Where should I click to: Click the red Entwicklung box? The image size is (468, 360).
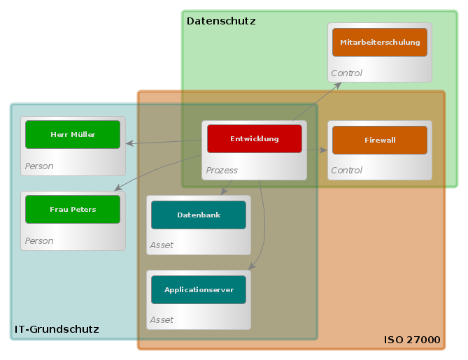coord(254,138)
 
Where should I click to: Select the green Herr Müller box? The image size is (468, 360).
coord(73,134)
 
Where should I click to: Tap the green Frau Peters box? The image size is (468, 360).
coord(73,209)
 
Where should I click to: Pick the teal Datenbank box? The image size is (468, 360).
coord(198,215)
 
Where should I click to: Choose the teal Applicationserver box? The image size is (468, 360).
coord(198,289)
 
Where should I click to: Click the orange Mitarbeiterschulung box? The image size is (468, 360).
coord(379,42)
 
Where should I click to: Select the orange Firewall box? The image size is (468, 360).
coord(379,140)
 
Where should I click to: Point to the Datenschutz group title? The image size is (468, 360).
coord(221,21)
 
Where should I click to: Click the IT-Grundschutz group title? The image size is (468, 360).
coord(57,329)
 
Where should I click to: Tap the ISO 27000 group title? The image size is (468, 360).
coord(412,340)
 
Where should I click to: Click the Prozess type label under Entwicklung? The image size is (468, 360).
coord(222,170)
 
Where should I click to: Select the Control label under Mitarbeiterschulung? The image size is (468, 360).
coord(346,73)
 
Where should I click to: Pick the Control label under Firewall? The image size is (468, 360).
coord(346,170)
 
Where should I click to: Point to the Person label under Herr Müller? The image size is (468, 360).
coord(39,166)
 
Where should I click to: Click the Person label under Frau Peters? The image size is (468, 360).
coord(39,240)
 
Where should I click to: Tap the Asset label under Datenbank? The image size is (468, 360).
coord(162,245)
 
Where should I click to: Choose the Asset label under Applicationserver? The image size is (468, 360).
coord(162,319)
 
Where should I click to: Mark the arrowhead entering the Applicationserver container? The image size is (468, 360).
coord(253,266)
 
